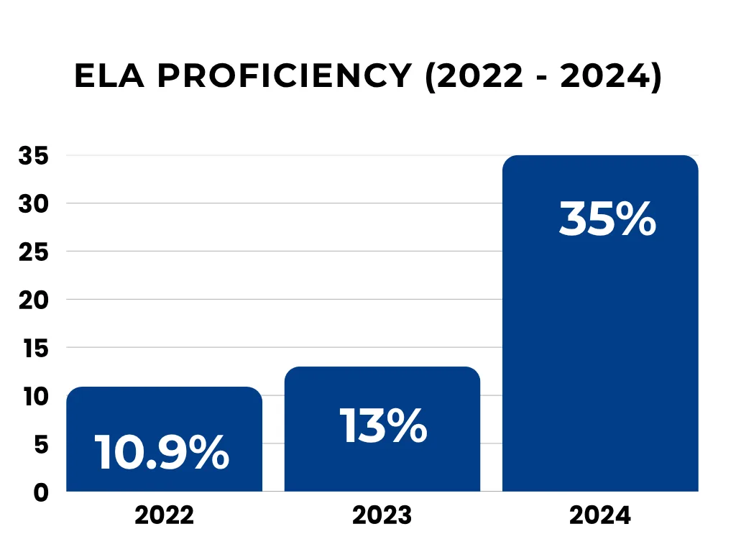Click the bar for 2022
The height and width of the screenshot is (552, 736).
tap(165, 439)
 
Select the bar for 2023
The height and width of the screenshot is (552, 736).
tap(382, 429)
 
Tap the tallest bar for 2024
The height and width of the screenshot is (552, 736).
tap(600, 323)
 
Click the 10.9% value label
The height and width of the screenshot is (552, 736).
tap(162, 451)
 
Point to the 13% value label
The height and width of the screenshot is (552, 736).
tap(384, 425)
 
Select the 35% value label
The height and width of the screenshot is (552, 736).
tap(607, 218)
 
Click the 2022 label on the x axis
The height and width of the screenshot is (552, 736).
tap(165, 515)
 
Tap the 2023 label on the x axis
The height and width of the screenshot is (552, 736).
tap(382, 515)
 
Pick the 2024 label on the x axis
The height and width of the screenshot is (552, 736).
tap(600, 515)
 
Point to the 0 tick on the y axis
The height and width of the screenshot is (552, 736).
tap(41, 492)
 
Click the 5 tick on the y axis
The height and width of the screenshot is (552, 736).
tap(41, 444)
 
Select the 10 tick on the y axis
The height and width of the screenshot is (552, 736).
tap(36, 396)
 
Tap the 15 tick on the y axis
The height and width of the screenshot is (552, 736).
tap(36, 349)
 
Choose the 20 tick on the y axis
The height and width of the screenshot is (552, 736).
tap(34, 300)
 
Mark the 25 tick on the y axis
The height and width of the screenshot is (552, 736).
tap(34, 252)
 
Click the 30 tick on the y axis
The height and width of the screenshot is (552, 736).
tap(34, 203)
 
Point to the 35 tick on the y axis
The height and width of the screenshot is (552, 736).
tap(34, 156)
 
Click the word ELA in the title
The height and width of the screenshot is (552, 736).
tap(109, 75)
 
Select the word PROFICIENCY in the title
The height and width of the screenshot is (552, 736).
tap(285, 75)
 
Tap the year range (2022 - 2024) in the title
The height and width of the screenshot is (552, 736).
tap(543, 76)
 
